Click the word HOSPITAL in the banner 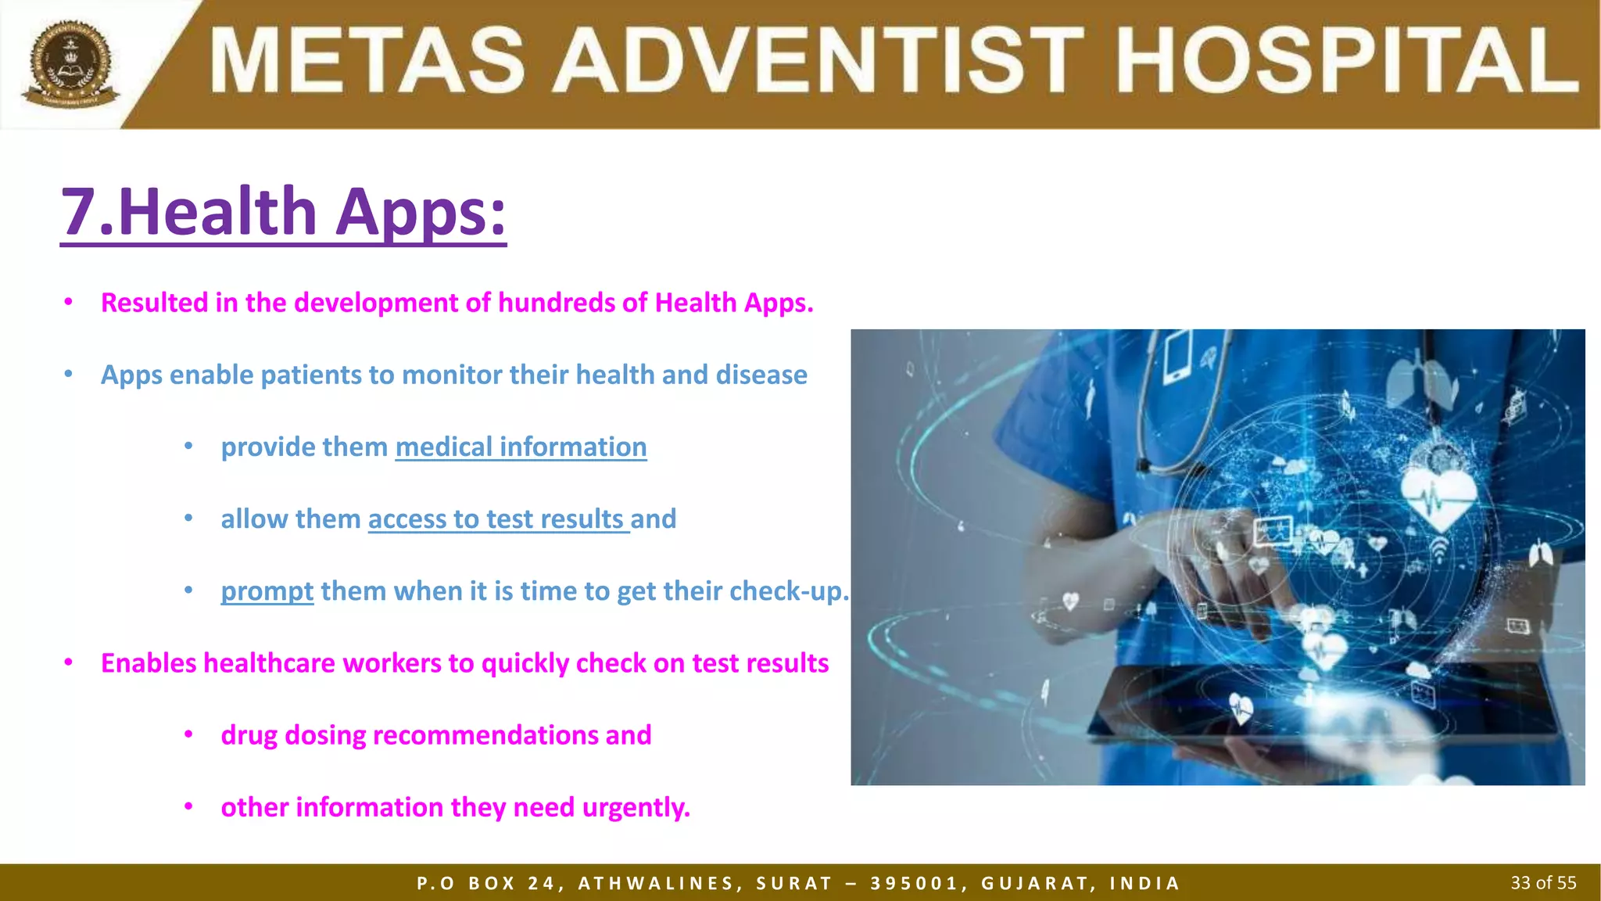1346,61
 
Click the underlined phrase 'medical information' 521,447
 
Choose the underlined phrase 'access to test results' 497,519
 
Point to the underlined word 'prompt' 267,591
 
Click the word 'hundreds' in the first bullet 557,303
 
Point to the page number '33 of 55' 1543,883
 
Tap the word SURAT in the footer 793,884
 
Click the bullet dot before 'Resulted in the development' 69,302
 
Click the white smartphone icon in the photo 1177,357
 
